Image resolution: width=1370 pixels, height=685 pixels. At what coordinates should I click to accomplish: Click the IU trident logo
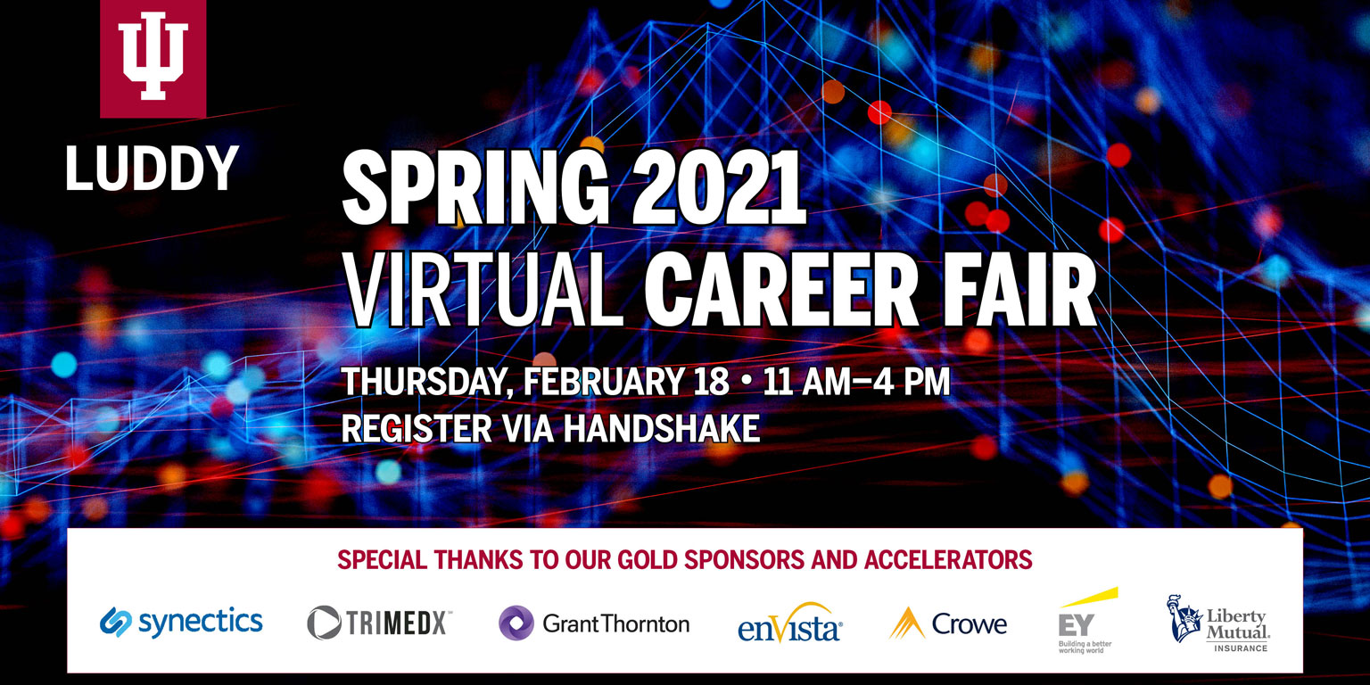(x=153, y=59)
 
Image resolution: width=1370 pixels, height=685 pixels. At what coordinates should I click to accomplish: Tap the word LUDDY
(x=152, y=169)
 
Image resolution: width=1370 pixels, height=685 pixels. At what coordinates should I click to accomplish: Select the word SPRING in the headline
(x=475, y=188)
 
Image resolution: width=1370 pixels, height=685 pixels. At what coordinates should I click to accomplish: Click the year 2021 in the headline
(x=719, y=187)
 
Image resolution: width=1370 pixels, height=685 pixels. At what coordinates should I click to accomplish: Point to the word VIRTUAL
(x=484, y=290)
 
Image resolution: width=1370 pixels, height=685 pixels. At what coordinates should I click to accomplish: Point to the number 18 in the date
(x=712, y=381)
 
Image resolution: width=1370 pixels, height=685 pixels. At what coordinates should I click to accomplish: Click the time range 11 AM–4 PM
(x=856, y=381)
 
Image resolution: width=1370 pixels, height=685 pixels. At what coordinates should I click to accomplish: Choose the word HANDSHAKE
(x=661, y=428)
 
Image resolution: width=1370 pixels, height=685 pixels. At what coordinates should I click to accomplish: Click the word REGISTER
(x=417, y=428)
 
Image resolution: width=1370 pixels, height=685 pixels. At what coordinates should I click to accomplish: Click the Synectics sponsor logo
(x=181, y=623)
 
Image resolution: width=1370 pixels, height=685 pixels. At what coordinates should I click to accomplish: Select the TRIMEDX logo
(x=379, y=623)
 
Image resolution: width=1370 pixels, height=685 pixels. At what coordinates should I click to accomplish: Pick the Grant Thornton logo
(x=594, y=623)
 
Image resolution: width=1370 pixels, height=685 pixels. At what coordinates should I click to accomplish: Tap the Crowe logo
(x=948, y=623)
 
